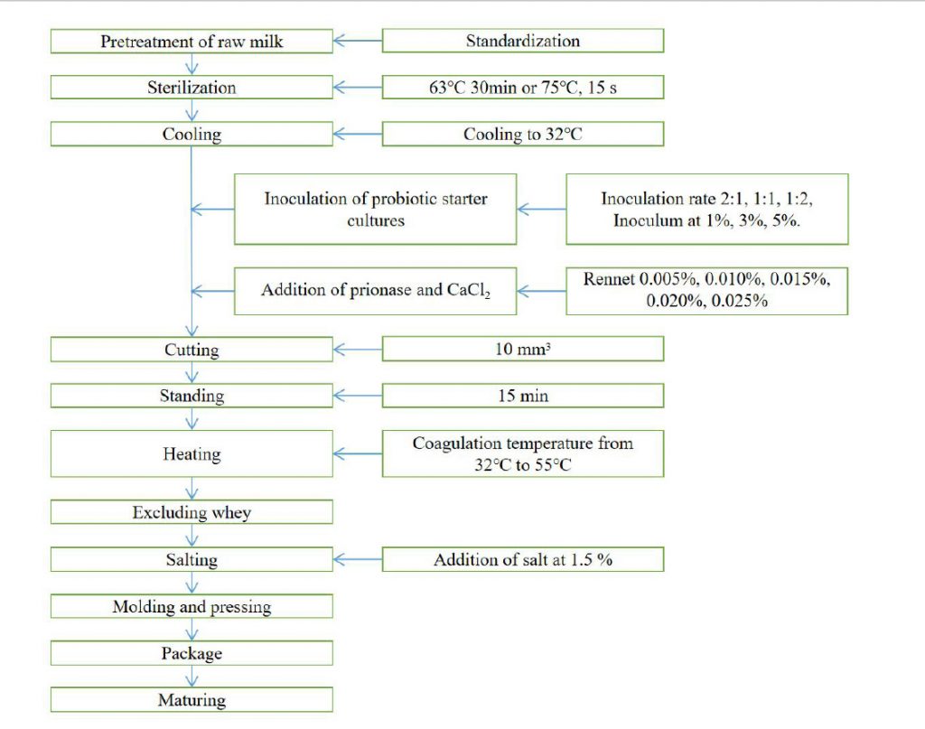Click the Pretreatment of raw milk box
tap(192, 42)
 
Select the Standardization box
tap(523, 41)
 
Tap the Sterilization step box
tap(192, 88)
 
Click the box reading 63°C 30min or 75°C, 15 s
tap(523, 88)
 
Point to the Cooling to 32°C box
tap(523, 134)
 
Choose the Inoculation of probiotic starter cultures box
tap(375, 210)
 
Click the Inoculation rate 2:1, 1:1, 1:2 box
tap(706, 210)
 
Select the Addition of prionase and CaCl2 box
tap(375, 291)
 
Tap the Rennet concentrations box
tap(706, 291)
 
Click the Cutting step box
tap(192, 350)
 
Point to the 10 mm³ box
tap(523, 349)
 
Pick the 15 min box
tap(523, 395)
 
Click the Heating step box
tap(192, 453)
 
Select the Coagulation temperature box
tap(523, 453)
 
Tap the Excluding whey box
tap(192, 512)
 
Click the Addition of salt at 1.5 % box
tap(523, 559)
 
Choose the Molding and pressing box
tap(192, 606)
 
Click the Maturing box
tap(192, 699)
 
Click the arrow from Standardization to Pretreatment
tap(358, 41)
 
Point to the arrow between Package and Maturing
tap(192, 677)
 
